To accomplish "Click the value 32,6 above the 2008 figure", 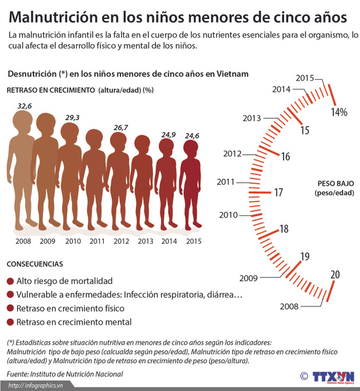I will [25, 106].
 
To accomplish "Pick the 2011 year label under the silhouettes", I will [97, 241].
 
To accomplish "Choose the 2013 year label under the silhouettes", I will [145, 241].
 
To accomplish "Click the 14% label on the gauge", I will [339, 112].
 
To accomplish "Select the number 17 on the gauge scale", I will [278, 193].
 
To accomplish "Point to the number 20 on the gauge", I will [335, 274].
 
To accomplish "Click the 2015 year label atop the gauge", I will [304, 78].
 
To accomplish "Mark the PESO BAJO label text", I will [334, 184].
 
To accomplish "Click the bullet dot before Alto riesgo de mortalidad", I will [10, 281].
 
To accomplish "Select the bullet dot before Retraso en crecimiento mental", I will [10, 322].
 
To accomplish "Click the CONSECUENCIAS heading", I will [34, 264].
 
